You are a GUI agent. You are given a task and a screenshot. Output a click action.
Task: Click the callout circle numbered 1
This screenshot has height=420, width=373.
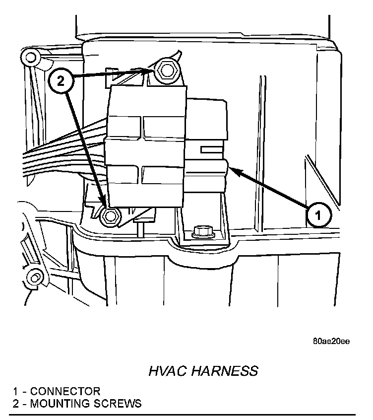pyautogui.click(x=318, y=215)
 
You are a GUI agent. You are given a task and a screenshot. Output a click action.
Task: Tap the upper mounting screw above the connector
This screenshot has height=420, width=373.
pyautogui.click(x=165, y=71)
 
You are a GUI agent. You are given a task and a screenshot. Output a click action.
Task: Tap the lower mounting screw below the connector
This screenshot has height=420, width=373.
pyautogui.click(x=109, y=215)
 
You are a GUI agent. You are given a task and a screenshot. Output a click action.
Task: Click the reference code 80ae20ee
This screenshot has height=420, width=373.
pyautogui.click(x=331, y=342)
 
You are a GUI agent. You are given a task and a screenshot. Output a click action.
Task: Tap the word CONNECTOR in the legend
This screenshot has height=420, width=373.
pyautogui.click(x=65, y=391)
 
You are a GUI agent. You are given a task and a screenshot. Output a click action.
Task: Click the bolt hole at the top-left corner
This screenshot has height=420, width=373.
pyautogui.click(x=31, y=57)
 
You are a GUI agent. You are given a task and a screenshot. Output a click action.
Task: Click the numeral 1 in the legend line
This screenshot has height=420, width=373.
pyautogui.click(x=16, y=391)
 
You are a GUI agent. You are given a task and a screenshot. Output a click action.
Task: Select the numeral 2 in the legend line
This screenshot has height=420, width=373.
pyautogui.click(x=16, y=403)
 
